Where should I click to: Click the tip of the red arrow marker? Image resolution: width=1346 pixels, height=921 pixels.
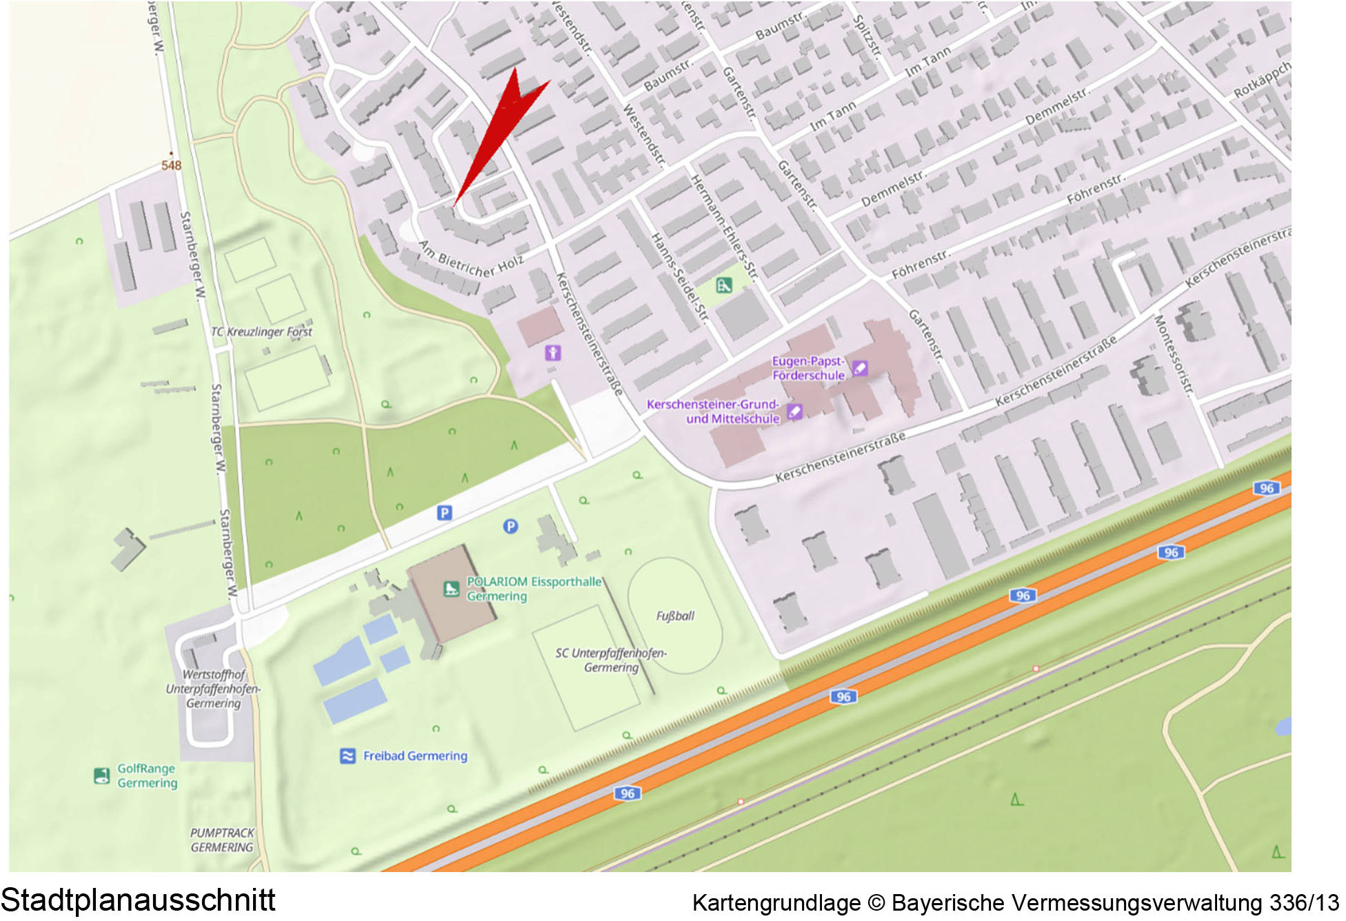pyautogui.click(x=454, y=205)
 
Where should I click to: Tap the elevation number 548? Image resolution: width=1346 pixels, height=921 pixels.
pyautogui.click(x=171, y=165)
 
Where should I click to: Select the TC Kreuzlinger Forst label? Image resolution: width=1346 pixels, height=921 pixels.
pyautogui.click(x=261, y=332)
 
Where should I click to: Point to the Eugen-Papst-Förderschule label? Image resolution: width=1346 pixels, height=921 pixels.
pyautogui.click(x=808, y=368)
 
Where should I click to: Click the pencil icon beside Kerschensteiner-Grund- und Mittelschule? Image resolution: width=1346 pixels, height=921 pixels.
pyautogui.click(x=794, y=412)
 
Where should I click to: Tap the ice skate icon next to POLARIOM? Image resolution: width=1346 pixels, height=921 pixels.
pyautogui.click(x=451, y=589)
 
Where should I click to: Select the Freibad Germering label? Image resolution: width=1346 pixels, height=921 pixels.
pyautogui.click(x=415, y=756)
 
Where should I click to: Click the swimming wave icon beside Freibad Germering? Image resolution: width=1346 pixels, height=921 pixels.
pyautogui.click(x=348, y=756)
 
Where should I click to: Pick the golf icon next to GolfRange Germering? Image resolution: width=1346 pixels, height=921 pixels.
pyautogui.click(x=101, y=776)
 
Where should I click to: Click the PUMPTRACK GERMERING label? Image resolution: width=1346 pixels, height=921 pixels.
pyautogui.click(x=222, y=840)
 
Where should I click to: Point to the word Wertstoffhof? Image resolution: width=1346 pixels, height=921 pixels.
pyautogui.click(x=214, y=674)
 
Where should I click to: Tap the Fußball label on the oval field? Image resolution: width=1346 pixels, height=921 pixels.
pyautogui.click(x=675, y=616)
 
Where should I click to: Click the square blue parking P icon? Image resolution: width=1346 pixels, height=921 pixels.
pyautogui.click(x=445, y=512)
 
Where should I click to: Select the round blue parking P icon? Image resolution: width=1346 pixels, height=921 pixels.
pyautogui.click(x=510, y=527)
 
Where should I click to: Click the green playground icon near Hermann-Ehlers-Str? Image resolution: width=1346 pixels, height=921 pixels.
pyautogui.click(x=723, y=285)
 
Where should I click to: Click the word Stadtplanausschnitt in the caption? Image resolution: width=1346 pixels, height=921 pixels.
pyautogui.click(x=138, y=900)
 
